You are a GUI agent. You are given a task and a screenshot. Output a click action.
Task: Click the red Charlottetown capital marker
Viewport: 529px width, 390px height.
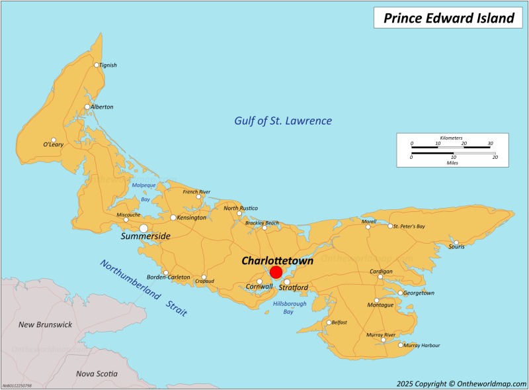[x=276, y=272]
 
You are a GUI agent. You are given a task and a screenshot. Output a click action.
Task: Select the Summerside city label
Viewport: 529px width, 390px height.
[x=145, y=236]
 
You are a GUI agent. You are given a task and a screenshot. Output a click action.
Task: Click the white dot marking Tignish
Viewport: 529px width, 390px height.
[x=97, y=65]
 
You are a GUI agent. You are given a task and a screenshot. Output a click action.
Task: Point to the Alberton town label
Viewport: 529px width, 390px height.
[x=102, y=107]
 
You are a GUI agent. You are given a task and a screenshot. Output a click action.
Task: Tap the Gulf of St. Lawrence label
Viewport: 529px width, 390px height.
[x=283, y=121]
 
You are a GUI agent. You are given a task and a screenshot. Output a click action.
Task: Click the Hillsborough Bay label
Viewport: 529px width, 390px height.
[x=290, y=307]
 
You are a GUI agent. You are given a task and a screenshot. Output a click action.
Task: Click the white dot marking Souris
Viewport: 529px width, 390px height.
[x=456, y=242]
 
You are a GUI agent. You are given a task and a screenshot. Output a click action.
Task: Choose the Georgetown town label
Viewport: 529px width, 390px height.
[x=419, y=293]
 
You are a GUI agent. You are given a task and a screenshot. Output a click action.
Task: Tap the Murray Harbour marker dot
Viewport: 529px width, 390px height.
[x=401, y=345]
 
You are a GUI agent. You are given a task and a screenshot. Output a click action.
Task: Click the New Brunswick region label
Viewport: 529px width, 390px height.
[x=44, y=324]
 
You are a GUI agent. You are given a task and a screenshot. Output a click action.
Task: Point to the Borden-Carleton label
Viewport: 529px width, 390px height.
[x=169, y=277]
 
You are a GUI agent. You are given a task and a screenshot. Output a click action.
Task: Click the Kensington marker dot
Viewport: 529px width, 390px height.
[x=173, y=217]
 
